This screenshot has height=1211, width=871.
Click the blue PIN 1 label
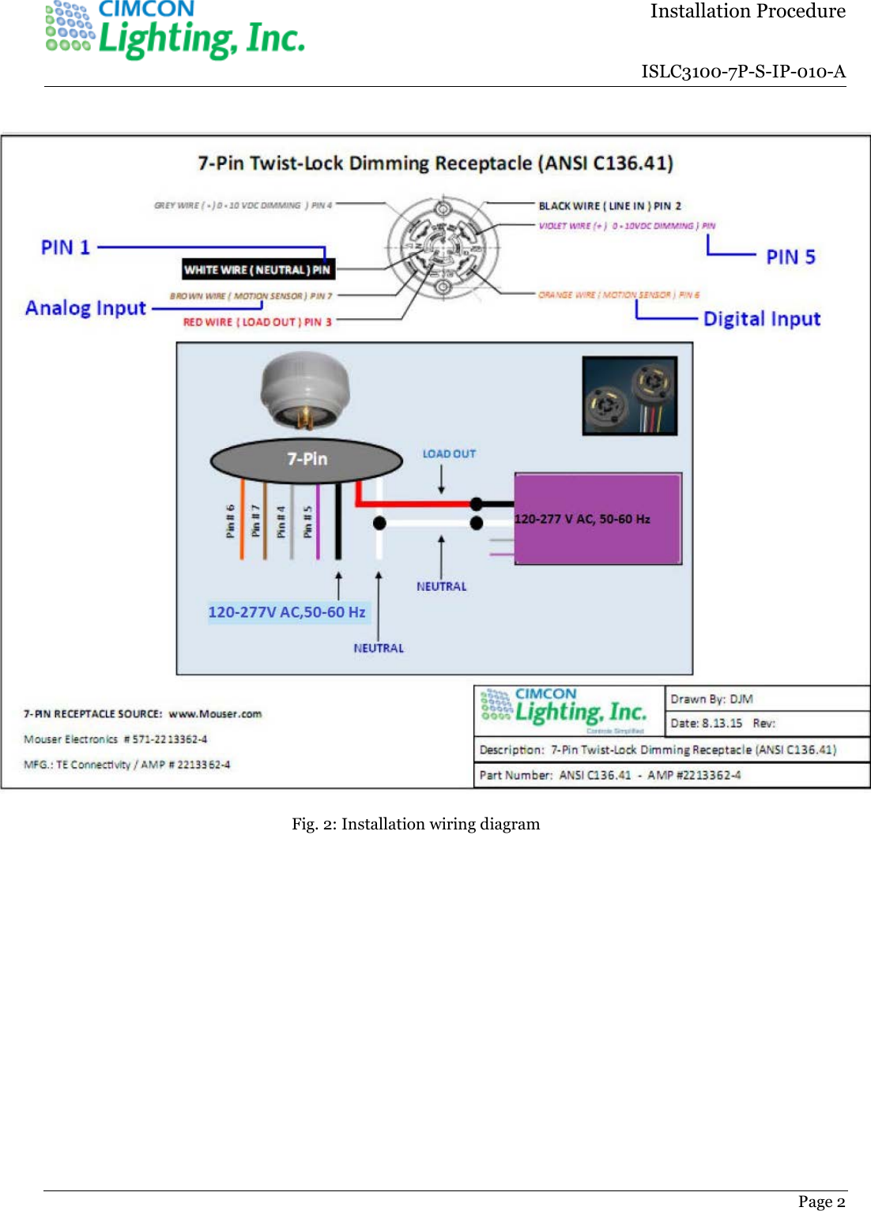[66, 247]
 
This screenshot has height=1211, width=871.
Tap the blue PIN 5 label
[790, 257]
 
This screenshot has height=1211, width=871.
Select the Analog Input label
[85, 308]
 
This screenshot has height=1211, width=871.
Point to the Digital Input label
[761, 319]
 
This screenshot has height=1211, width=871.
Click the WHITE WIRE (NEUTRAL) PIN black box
[258, 269]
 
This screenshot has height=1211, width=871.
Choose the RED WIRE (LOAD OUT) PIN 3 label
[257, 322]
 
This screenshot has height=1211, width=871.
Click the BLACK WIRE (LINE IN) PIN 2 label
[609, 206]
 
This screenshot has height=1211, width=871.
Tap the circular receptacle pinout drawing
[443, 247]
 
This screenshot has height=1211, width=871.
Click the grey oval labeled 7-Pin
[307, 460]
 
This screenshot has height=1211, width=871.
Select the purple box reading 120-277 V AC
[598, 519]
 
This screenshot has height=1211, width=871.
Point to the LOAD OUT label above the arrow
[449, 454]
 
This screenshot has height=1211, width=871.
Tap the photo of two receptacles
[629, 395]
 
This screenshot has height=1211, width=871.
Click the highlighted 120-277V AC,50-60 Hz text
[287, 612]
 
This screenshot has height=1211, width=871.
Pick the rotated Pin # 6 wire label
[230, 521]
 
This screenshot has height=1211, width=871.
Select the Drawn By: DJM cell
[711, 699]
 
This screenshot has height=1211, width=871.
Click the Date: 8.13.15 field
[707, 723]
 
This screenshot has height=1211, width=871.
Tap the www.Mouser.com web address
[215, 714]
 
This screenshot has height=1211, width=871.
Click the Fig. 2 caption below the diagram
[416, 824]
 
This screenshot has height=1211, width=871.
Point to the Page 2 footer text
[821, 1202]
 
